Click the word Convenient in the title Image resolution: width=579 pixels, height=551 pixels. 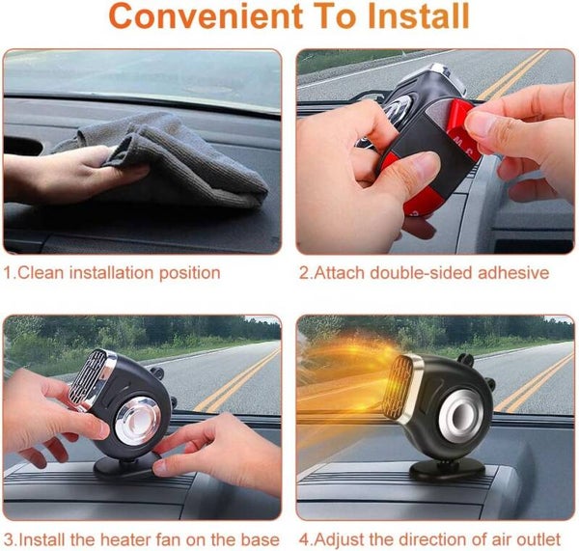coord(206,15)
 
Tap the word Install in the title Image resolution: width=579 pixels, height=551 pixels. coord(419,15)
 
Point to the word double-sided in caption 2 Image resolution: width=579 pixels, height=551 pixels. coord(422,273)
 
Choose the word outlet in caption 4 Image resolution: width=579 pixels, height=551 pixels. coord(538,540)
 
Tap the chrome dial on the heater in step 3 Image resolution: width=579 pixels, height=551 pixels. coord(138,421)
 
